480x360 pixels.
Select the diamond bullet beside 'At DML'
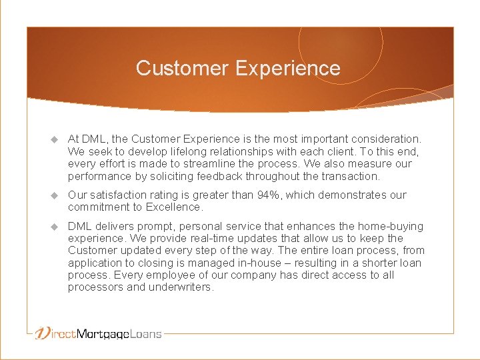[x=55, y=139]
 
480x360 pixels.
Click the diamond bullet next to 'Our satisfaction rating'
[x=55, y=195]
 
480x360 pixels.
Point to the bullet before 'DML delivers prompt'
[x=55, y=227]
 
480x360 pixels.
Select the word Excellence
[x=174, y=207]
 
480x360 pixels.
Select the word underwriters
[x=180, y=287]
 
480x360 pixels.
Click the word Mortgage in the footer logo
[x=102, y=334]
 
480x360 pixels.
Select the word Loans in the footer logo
[x=146, y=333]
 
